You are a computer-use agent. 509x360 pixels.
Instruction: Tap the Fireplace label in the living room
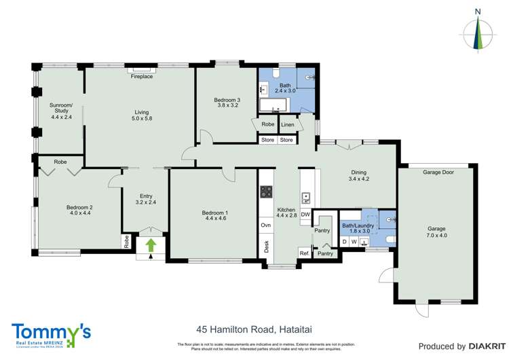(x=142, y=77)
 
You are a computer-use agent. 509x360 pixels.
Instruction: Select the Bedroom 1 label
(x=214, y=213)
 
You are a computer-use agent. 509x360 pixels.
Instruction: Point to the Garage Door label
(x=438, y=173)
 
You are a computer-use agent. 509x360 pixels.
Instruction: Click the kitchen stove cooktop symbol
(x=265, y=192)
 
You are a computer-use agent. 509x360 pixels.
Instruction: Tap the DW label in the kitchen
(x=305, y=215)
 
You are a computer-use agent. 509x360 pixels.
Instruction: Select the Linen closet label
(x=288, y=124)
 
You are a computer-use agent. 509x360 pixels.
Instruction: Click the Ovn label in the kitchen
(x=265, y=224)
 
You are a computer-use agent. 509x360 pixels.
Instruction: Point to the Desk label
(x=265, y=247)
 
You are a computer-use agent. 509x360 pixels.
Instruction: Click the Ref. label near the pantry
(x=304, y=253)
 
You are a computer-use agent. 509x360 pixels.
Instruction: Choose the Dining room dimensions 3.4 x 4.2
(x=358, y=179)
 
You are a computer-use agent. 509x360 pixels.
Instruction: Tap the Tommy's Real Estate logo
(x=51, y=335)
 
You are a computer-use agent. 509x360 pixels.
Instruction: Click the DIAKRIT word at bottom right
(x=483, y=346)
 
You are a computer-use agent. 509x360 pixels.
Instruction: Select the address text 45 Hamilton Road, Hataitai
(x=254, y=330)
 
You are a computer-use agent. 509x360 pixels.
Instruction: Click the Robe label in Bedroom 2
(x=60, y=162)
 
